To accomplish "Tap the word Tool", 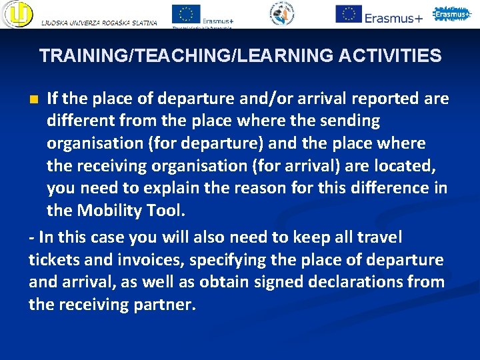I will point(167,211).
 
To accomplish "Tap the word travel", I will point(379,237).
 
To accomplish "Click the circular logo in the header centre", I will point(283,13).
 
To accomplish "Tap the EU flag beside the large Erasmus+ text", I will point(348,13).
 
